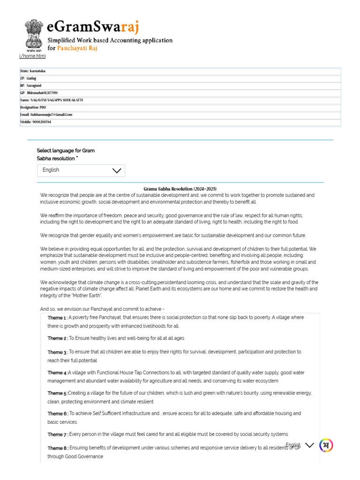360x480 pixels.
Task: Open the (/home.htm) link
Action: pyautogui.click(x=32, y=56)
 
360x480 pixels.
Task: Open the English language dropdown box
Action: pyautogui.click(x=81, y=171)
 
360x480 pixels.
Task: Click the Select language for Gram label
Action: pyautogui.click(x=66, y=150)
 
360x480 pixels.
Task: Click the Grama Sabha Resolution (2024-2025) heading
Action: pyautogui.click(x=180, y=188)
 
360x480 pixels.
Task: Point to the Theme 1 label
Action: pyautogui.click(x=57, y=318)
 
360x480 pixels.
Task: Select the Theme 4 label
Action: pyautogui.click(x=57, y=373)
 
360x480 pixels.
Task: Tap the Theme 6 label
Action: pyautogui.click(x=57, y=414)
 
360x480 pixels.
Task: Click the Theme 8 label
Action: pyautogui.click(x=57, y=448)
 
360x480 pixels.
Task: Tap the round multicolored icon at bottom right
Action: pyautogui.click(x=326, y=445)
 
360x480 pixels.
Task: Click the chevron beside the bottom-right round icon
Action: pyautogui.click(x=309, y=445)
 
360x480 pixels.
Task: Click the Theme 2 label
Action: pyautogui.click(x=57, y=338)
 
